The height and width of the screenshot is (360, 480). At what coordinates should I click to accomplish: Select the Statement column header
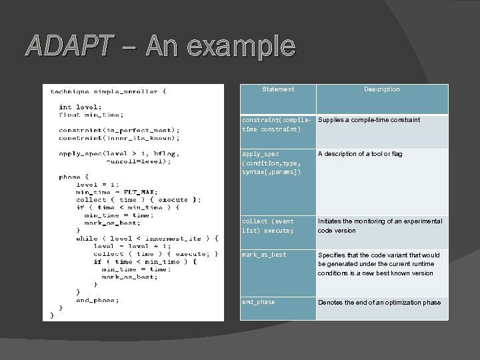pos(278,89)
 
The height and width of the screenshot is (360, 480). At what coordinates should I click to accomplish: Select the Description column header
pos(382,89)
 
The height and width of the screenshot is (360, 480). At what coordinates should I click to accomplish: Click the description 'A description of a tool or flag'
pos(360,154)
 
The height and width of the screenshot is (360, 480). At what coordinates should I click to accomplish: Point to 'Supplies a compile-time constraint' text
pos(369,120)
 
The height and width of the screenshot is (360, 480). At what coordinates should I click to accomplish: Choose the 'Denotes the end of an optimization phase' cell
pos(379,303)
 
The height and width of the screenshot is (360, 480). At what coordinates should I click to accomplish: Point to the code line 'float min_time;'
pos(91,114)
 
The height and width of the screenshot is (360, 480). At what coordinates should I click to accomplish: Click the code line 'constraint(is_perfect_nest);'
pos(119,130)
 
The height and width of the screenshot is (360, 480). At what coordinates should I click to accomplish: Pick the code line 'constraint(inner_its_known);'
pos(119,138)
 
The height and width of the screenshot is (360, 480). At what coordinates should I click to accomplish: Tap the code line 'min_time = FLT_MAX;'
pos(117,192)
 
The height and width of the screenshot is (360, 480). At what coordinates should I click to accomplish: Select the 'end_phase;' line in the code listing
pos(97,300)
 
